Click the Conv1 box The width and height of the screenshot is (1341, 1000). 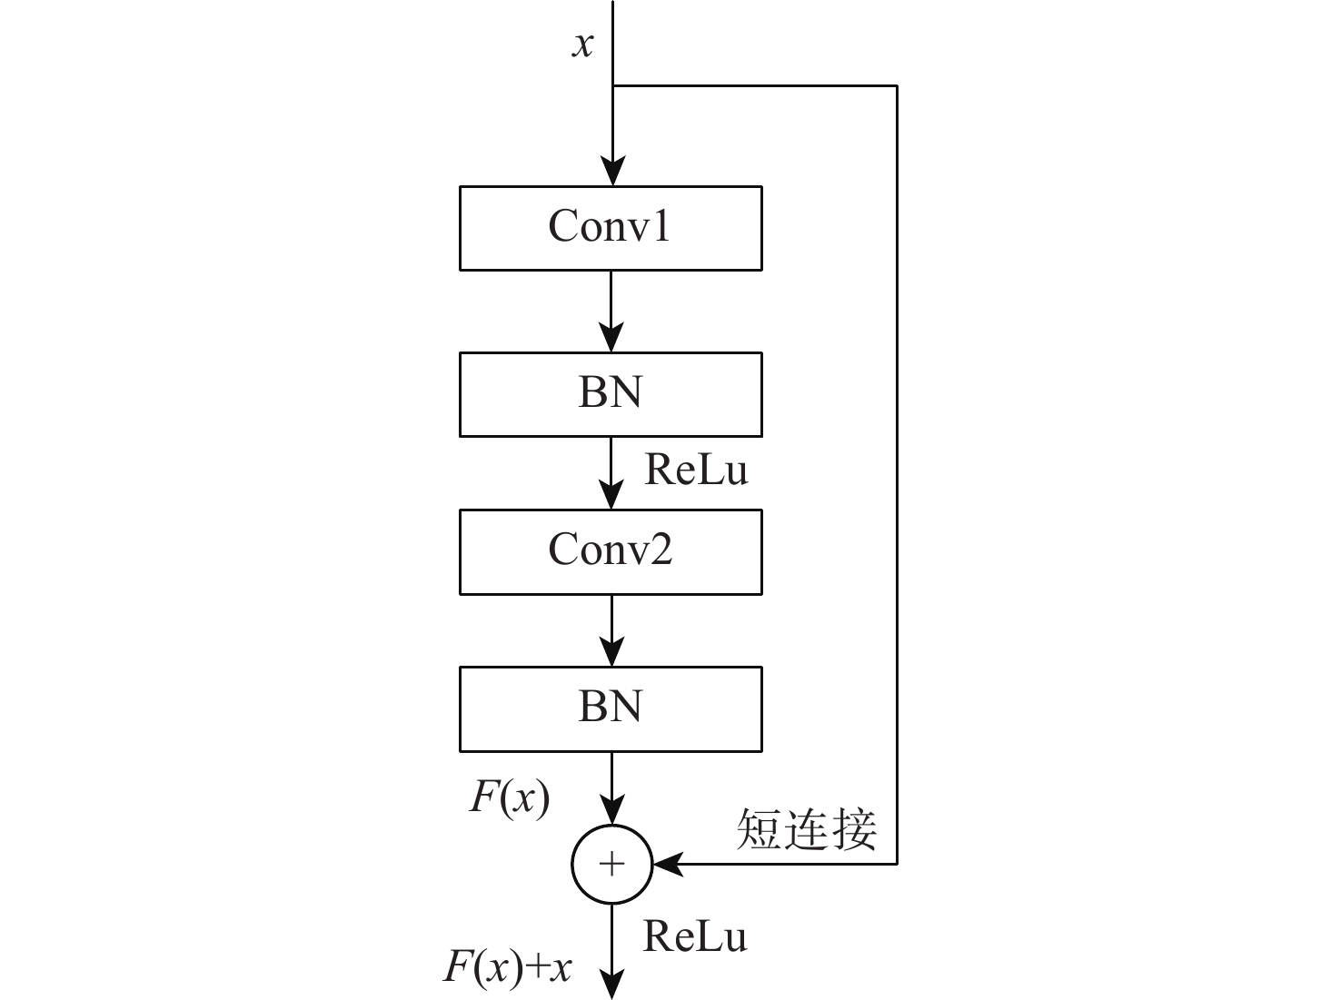(x=611, y=228)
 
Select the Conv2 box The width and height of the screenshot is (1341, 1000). (x=611, y=551)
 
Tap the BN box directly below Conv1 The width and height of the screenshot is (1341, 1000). (x=611, y=394)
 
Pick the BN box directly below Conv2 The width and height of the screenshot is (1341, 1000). (x=611, y=708)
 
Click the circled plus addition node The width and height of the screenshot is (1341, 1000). (x=612, y=864)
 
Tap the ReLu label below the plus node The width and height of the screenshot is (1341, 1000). (x=695, y=936)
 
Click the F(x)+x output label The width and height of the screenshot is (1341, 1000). (x=508, y=966)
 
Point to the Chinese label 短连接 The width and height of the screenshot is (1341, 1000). (x=806, y=828)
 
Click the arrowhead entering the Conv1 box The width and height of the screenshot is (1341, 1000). (x=613, y=173)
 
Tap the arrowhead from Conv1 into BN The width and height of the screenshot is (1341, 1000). (x=611, y=339)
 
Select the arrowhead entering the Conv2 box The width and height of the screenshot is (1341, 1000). (x=612, y=496)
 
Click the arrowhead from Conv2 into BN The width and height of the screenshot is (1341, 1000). (x=612, y=653)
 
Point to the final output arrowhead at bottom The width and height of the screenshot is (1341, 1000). (x=613, y=985)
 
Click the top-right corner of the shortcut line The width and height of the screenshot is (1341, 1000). (x=897, y=86)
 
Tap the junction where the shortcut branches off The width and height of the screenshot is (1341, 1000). (x=613, y=86)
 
